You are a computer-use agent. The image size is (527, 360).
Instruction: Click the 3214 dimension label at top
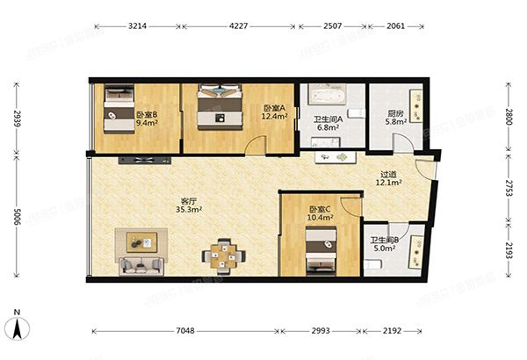point(136,25)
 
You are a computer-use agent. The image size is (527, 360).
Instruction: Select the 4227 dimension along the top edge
point(238,25)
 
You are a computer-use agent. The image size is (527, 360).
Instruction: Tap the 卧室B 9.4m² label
point(147,119)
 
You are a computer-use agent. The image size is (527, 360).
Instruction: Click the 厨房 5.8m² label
point(395,117)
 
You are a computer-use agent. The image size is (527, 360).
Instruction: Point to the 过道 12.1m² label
point(388,178)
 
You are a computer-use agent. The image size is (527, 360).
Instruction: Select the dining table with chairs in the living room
point(225,256)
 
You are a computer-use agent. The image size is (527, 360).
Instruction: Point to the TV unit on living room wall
point(146,160)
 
